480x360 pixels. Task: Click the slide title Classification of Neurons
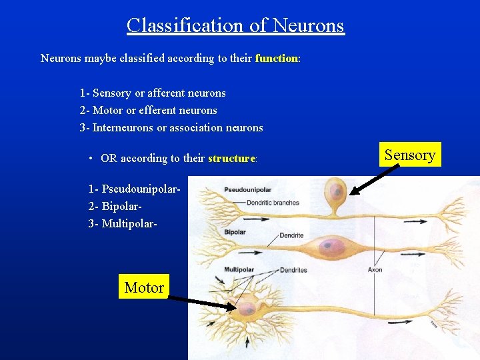[x=235, y=25]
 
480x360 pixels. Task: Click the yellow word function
[x=276, y=59]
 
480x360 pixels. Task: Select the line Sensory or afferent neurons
[x=153, y=93]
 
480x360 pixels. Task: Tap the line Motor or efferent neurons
[x=148, y=111]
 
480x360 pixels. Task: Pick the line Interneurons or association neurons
[x=171, y=128]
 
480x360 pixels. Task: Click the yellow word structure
[x=231, y=159]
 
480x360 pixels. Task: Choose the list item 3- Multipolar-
[x=123, y=223]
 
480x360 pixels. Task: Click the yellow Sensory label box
[x=409, y=155]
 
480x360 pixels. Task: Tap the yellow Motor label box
[x=144, y=288]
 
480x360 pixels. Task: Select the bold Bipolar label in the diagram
[x=235, y=233]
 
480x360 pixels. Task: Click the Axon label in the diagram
[x=375, y=270]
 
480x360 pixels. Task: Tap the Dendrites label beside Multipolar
[x=293, y=270]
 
